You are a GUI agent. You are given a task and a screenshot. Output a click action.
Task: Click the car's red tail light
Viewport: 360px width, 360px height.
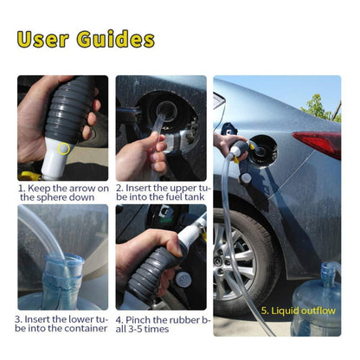pos(318,143)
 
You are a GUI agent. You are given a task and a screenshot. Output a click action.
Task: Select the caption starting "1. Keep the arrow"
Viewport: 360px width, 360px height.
pos(62,192)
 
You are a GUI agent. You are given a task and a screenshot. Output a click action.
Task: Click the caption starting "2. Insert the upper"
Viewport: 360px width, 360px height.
pos(161,192)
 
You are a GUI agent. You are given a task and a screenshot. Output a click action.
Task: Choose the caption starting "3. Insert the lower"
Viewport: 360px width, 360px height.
pos(62,324)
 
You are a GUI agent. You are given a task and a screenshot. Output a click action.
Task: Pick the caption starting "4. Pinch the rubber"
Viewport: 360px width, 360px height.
pos(161,324)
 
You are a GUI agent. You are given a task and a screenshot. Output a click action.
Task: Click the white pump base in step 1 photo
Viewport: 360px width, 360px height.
pos(57,160)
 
